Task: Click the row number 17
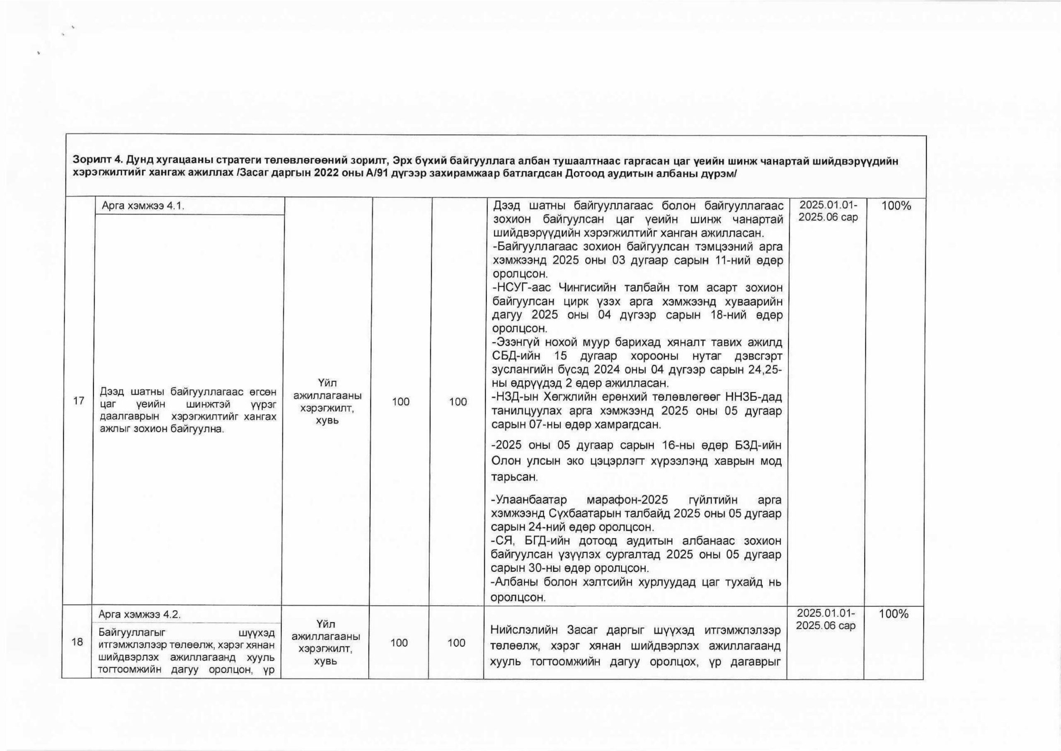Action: pos(78,400)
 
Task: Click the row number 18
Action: pos(78,642)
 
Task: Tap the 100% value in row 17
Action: pos(896,206)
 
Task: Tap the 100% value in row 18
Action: pos(894,614)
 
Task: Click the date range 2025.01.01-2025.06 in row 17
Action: pos(828,211)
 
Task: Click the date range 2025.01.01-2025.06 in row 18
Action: pos(826,619)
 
